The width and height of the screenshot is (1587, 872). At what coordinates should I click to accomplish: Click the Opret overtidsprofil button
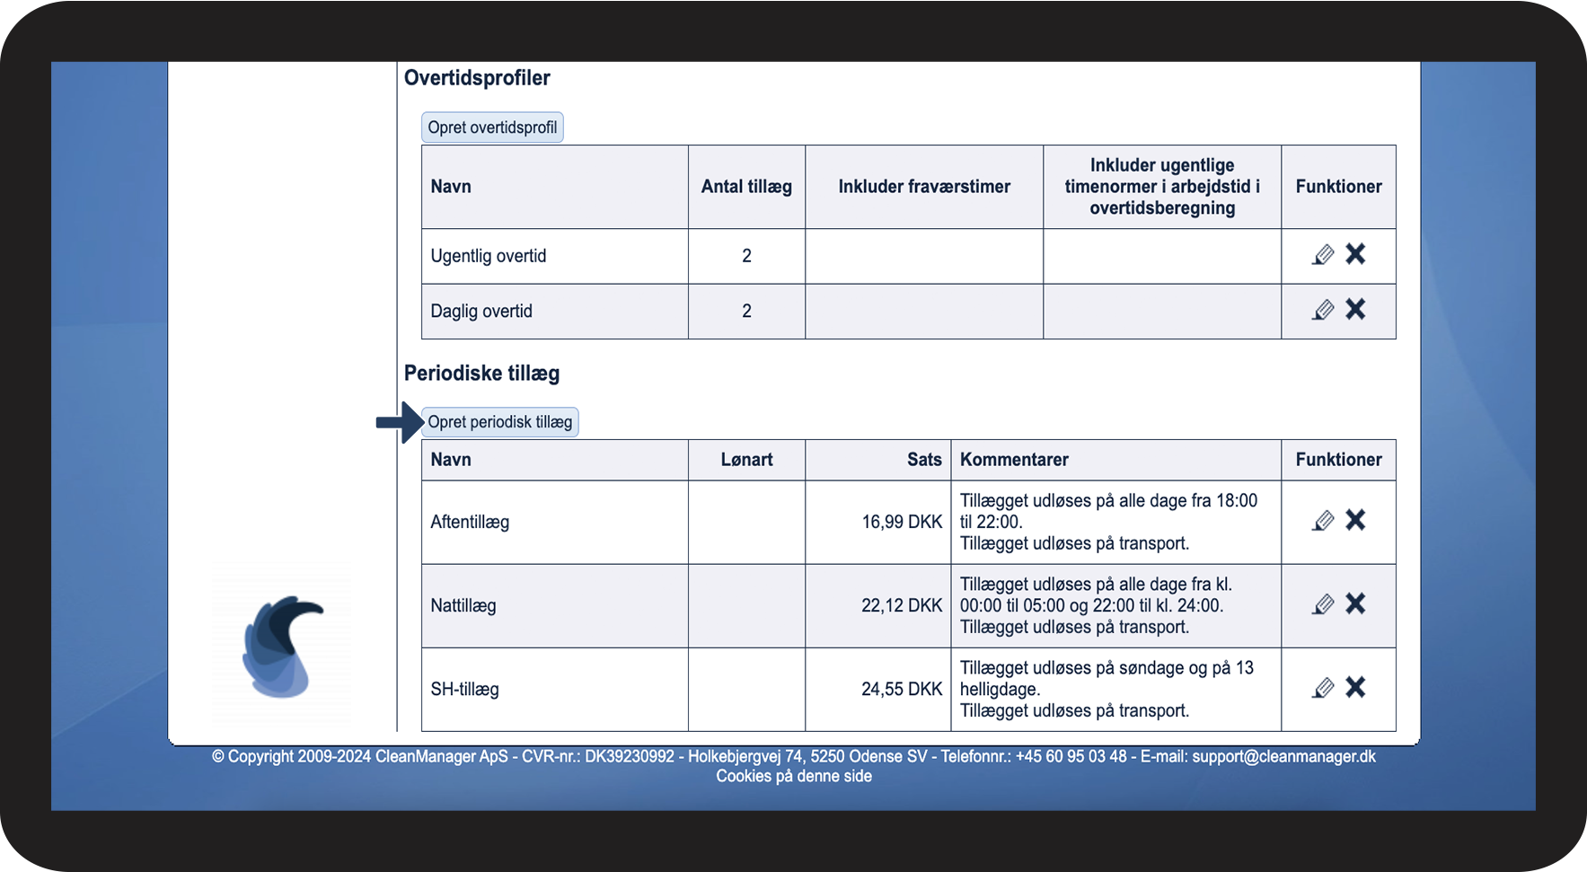492,128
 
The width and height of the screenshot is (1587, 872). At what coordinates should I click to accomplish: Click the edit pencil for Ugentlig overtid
1323,255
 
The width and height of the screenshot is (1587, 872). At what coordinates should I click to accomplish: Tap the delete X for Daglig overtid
1355,310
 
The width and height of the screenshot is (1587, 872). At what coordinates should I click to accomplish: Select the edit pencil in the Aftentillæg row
1323,521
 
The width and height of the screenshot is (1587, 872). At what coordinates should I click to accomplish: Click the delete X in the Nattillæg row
1355,604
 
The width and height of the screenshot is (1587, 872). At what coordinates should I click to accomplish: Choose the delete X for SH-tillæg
1355,688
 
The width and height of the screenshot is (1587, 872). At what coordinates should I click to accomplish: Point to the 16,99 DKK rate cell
902,522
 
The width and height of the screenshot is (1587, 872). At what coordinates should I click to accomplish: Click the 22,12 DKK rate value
902,605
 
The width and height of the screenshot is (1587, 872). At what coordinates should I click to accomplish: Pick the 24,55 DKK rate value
902,689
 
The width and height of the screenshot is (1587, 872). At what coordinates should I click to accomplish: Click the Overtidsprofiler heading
477,78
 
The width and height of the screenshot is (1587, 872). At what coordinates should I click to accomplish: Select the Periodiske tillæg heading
481,374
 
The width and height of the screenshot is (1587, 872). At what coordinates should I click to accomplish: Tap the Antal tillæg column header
746,187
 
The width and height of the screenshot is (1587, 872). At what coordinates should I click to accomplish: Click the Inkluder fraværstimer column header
924,187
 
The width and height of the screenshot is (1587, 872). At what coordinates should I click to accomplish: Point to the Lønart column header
746,460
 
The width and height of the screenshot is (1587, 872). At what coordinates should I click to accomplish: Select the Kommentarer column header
1014,460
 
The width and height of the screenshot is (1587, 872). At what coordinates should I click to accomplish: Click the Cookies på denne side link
794,776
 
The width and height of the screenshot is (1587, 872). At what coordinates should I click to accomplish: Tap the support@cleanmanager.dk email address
1283,756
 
